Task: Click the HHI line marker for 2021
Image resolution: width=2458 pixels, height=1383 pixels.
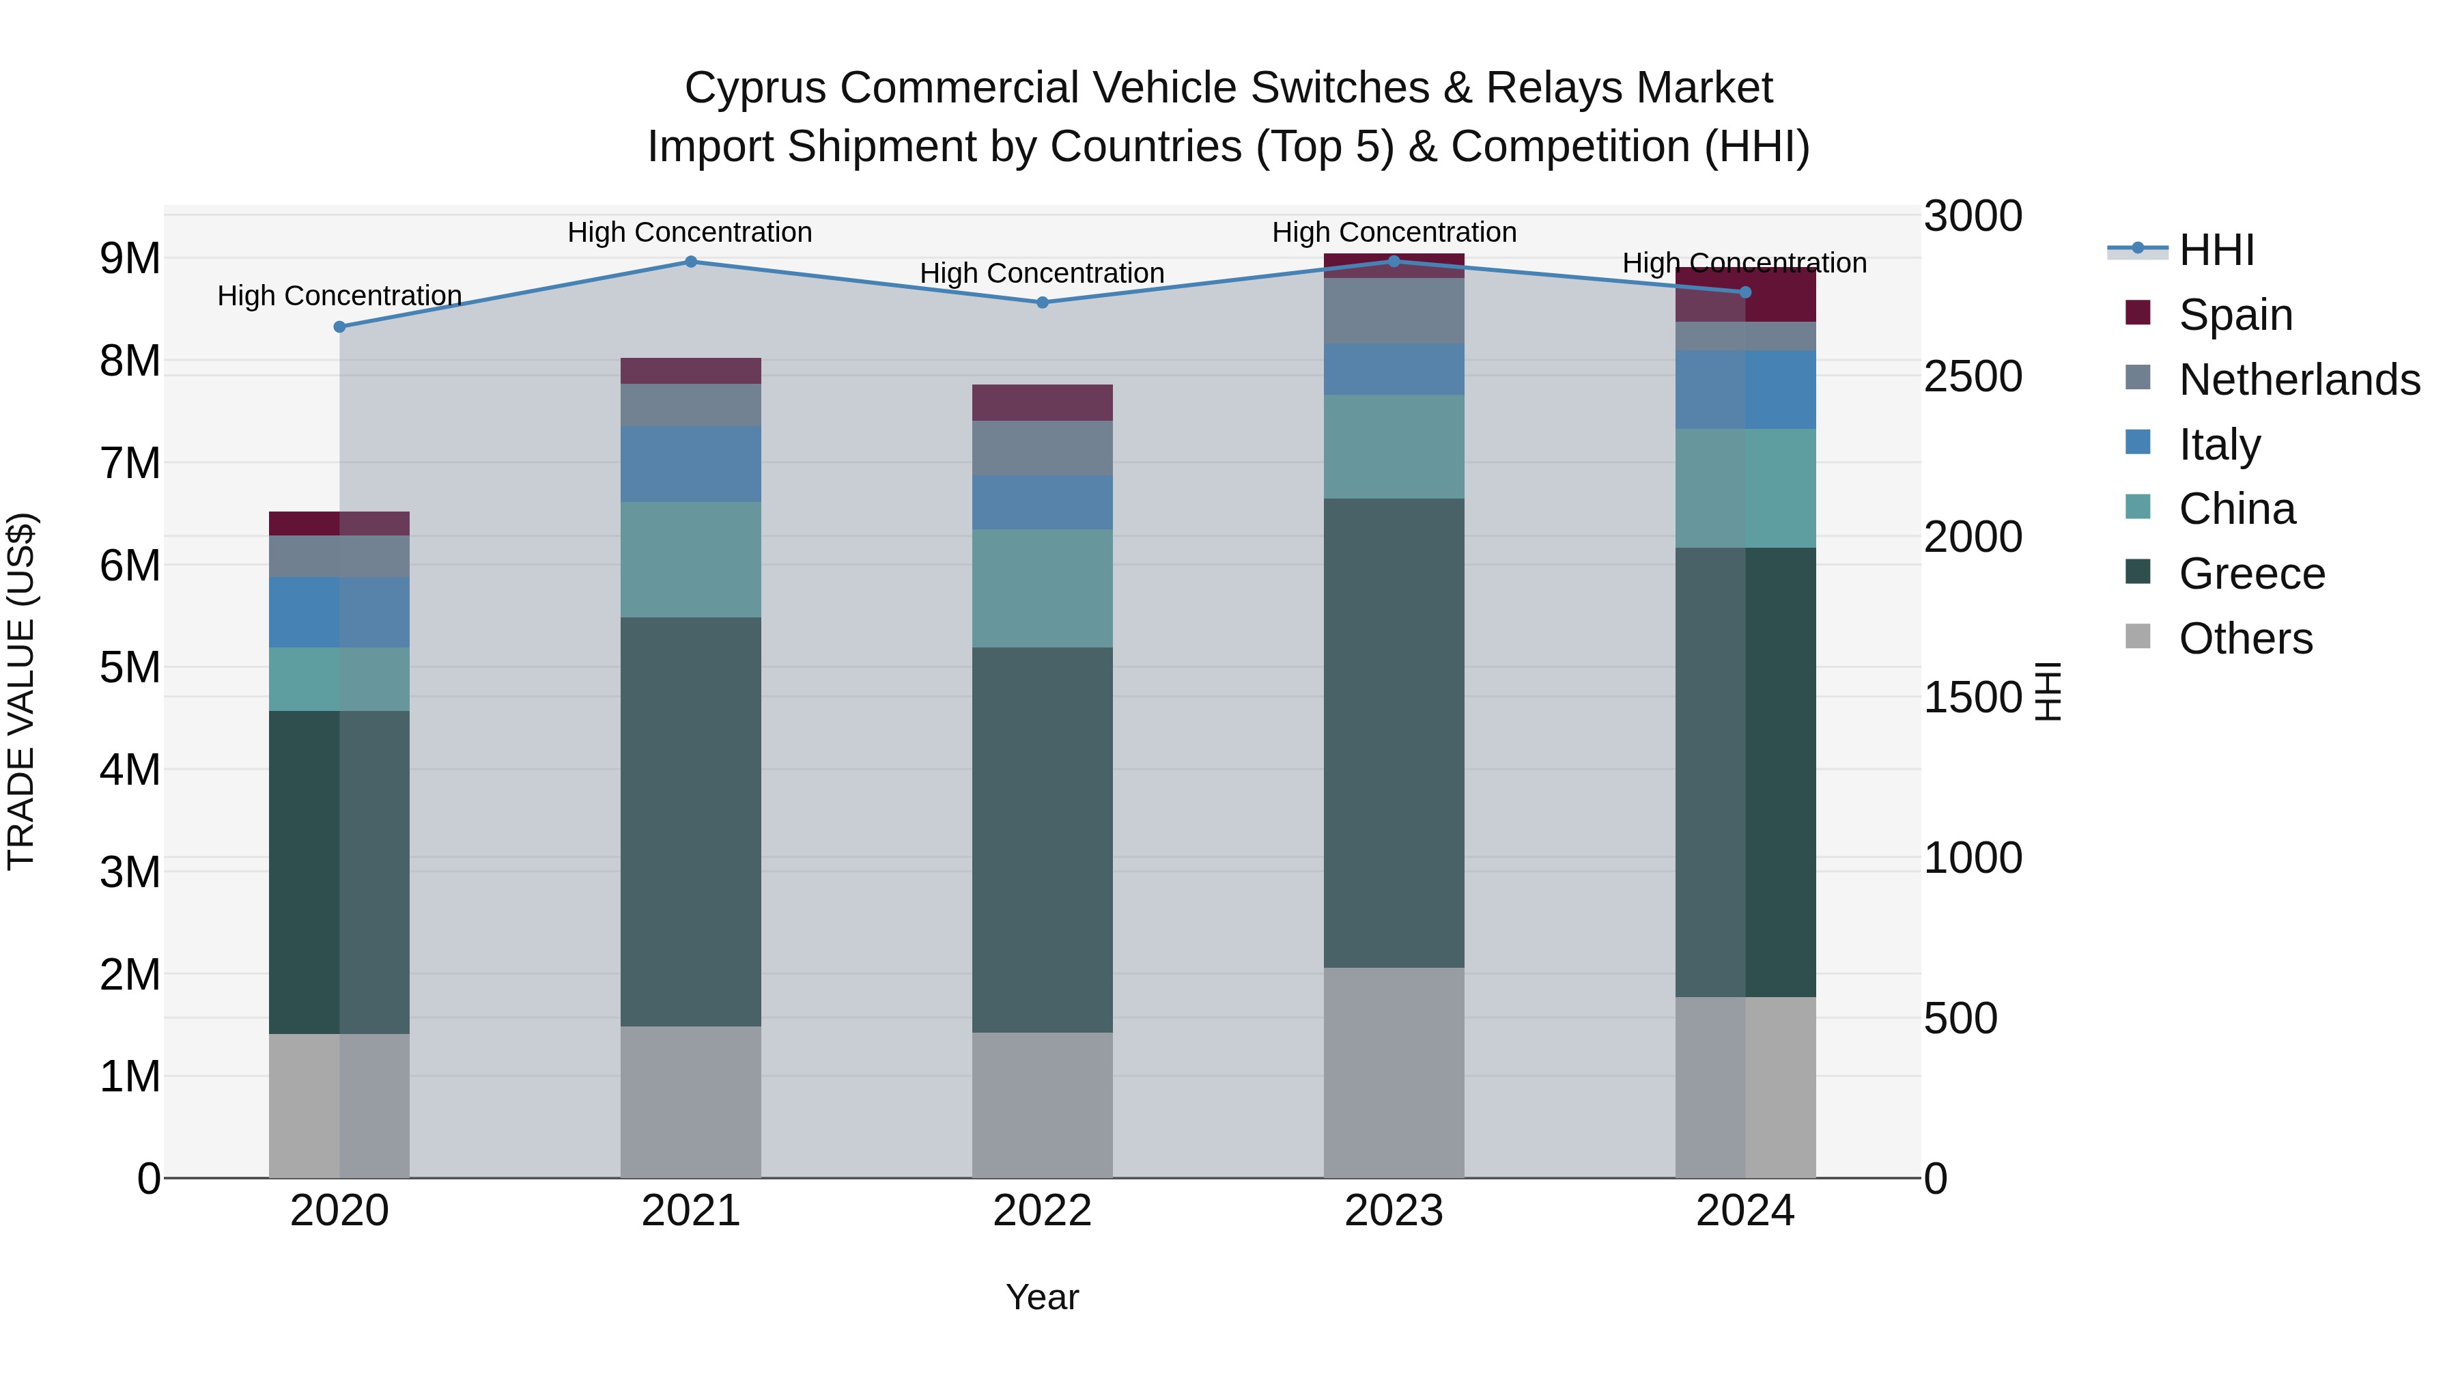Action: [x=691, y=262]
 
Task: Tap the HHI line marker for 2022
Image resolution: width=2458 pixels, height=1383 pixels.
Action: [x=1042, y=303]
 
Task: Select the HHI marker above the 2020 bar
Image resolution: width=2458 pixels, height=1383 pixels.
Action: [x=340, y=326]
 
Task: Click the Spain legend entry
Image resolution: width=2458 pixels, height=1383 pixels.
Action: [x=2235, y=315]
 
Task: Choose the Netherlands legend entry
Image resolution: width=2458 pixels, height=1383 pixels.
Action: [x=2298, y=380]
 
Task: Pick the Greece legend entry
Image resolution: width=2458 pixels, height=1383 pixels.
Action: [x=2251, y=574]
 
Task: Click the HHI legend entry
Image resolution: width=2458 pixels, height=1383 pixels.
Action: [x=2216, y=250]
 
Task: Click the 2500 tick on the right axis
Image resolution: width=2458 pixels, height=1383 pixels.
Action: [x=1971, y=376]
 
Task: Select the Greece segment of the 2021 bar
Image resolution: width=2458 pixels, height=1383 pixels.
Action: [x=691, y=821]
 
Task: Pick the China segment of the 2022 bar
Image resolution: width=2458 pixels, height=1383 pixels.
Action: [x=1042, y=588]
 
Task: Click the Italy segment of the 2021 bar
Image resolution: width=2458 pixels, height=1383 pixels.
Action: [x=691, y=464]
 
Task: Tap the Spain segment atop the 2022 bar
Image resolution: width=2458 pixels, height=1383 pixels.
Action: [x=1042, y=403]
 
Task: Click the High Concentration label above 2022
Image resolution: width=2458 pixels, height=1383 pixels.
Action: [x=1042, y=273]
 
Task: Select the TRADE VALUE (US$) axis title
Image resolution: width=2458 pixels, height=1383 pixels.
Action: [x=22, y=691]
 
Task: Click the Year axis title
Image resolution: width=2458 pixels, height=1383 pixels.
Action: [x=1042, y=1297]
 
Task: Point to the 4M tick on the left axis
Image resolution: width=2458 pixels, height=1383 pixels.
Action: [x=130, y=769]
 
